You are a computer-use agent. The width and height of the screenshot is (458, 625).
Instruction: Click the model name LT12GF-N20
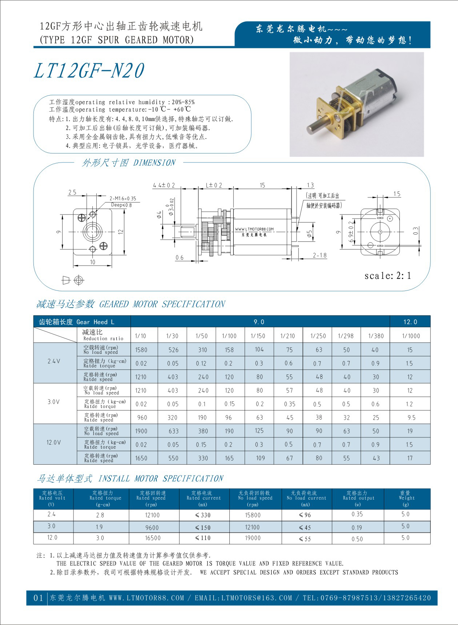tap(89, 71)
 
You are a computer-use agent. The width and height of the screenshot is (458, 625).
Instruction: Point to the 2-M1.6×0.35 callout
tap(123, 199)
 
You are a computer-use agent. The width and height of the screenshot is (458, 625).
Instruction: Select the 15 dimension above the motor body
tap(262, 185)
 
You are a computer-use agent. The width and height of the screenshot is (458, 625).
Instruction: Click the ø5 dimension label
tap(309, 235)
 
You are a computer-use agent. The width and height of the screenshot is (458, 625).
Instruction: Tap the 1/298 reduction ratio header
tap(346, 336)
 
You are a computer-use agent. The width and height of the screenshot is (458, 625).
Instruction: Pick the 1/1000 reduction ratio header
tap(411, 336)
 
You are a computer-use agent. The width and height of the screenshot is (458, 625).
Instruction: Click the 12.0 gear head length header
tap(410, 322)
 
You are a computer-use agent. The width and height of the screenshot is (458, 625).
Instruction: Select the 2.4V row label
tap(54, 361)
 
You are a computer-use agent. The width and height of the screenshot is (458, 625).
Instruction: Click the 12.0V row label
tap(54, 442)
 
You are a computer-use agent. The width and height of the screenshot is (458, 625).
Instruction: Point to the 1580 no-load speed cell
tap(141, 350)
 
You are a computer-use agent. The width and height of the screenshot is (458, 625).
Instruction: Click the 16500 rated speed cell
tap(152, 538)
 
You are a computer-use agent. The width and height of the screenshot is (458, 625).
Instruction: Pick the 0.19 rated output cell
tap(357, 527)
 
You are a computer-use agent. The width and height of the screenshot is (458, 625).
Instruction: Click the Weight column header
tap(406, 498)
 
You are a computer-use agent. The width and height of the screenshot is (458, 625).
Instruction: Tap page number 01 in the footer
tap(38, 598)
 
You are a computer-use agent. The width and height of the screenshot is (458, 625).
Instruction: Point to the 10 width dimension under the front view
tap(93, 262)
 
